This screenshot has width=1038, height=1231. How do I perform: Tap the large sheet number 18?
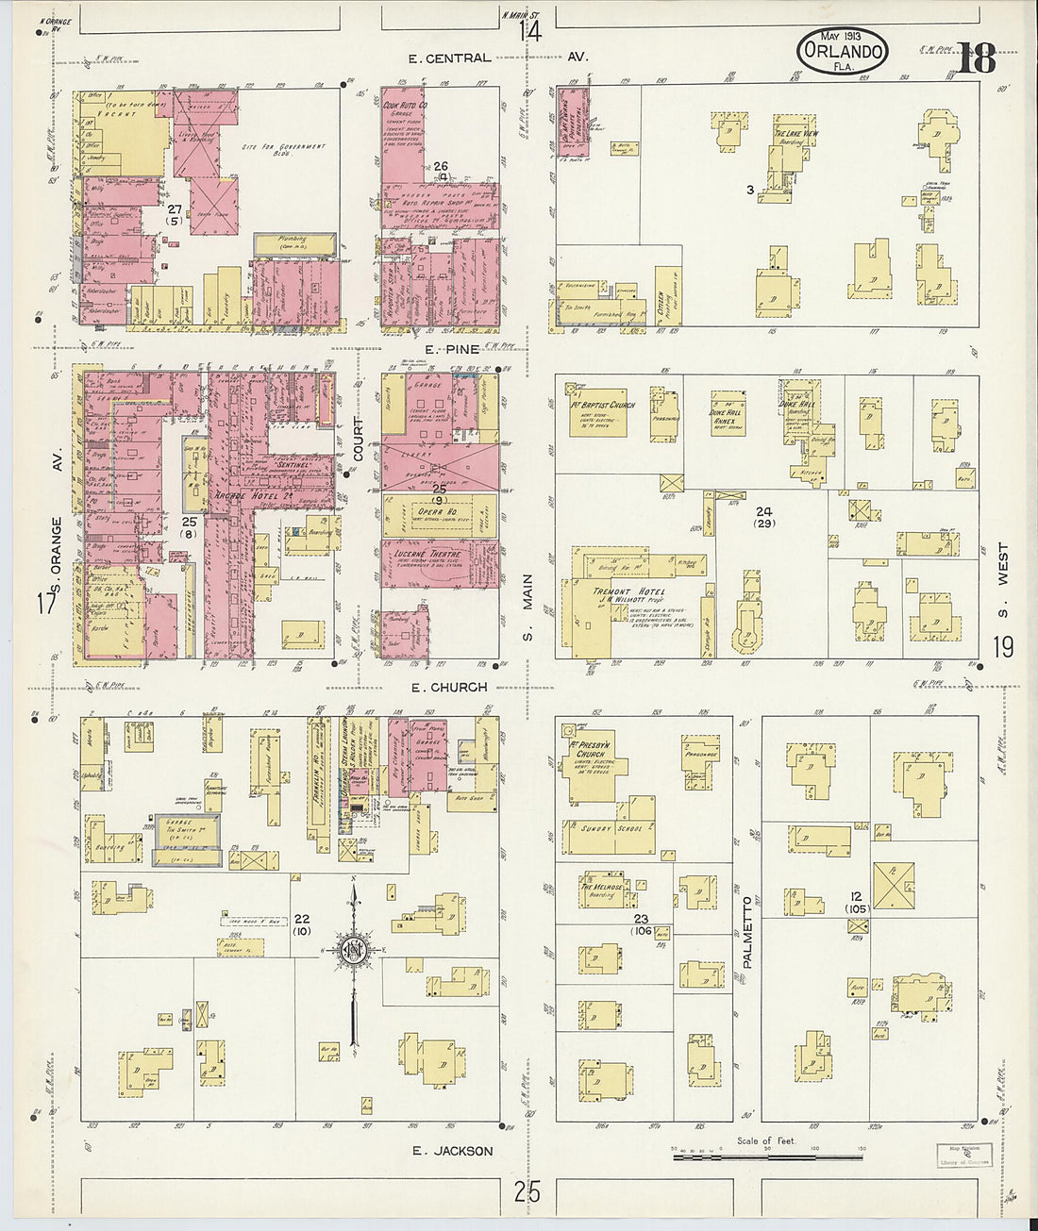(x=977, y=58)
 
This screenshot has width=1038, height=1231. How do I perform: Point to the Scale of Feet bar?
(x=765, y=1154)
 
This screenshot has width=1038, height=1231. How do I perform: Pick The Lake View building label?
(x=795, y=134)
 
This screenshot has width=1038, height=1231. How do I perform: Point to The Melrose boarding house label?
(x=600, y=888)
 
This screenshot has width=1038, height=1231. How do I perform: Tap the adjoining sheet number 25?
(x=527, y=1192)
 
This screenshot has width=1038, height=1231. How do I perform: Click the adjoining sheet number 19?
(x=1002, y=647)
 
